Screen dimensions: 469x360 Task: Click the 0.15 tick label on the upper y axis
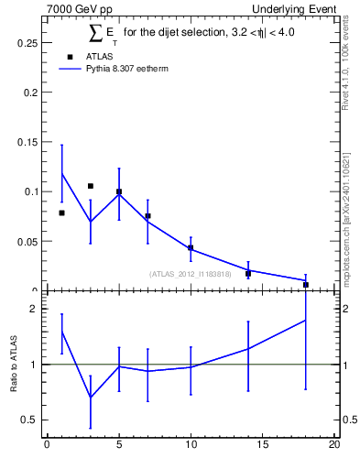coord(27,142)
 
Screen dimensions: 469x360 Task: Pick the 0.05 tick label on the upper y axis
coord(27,241)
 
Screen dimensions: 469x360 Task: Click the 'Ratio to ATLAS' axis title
coord(12,364)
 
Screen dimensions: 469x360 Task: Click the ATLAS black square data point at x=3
coord(90,186)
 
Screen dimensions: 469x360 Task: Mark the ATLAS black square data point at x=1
coord(61,213)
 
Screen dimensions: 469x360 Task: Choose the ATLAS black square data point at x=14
coord(248,273)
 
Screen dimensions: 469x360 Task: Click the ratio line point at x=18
coord(306,320)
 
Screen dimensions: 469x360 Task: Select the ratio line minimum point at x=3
coord(90,398)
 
